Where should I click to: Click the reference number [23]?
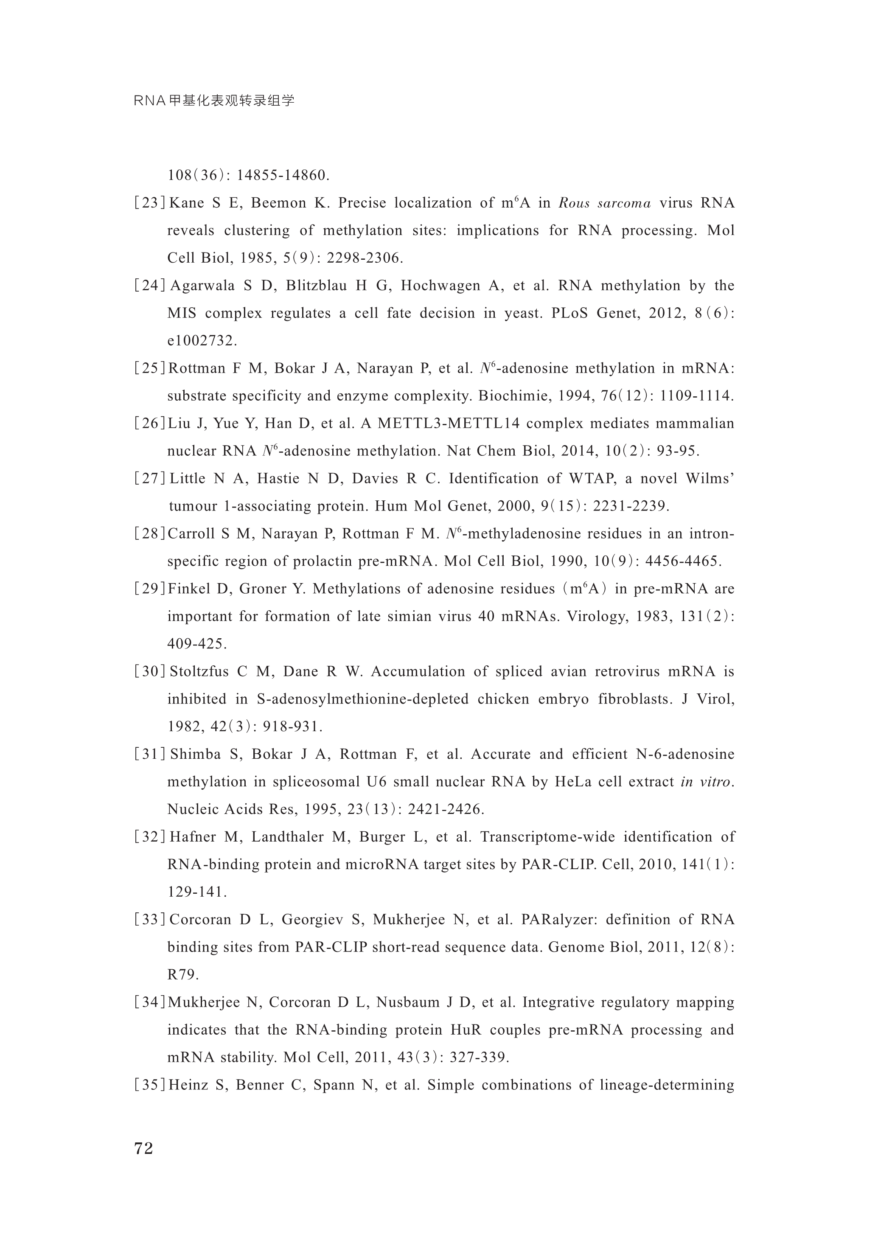pos(149,203)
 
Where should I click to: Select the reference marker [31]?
pos(149,755)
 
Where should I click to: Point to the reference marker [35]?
pos(149,1085)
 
